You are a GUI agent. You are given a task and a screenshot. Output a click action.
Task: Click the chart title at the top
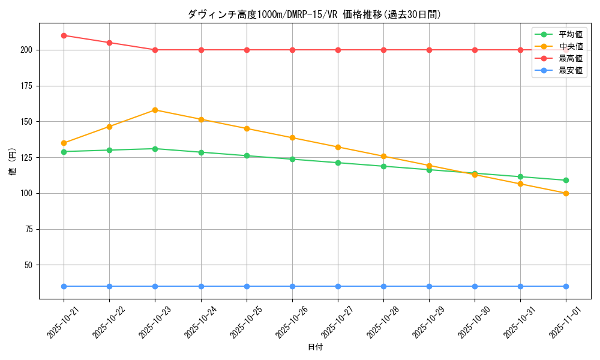click(x=315, y=14)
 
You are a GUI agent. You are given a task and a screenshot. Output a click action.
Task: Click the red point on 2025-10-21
click(x=64, y=35)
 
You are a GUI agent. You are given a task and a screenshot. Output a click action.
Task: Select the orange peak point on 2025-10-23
click(x=155, y=110)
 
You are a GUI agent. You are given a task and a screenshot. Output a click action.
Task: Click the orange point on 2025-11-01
click(x=566, y=193)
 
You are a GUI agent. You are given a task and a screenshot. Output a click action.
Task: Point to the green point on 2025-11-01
click(x=566, y=180)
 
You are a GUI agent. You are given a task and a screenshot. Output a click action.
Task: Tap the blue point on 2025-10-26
click(x=292, y=286)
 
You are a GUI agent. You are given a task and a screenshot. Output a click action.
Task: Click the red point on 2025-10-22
click(x=109, y=43)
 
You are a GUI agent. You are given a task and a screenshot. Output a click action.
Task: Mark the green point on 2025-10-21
click(x=64, y=152)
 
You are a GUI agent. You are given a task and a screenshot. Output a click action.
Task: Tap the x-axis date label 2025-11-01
click(x=563, y=323)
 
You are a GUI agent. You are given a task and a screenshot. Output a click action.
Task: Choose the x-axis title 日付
click(x=315, y=347)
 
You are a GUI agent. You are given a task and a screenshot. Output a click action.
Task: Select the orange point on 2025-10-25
click(x=247, y=128)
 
